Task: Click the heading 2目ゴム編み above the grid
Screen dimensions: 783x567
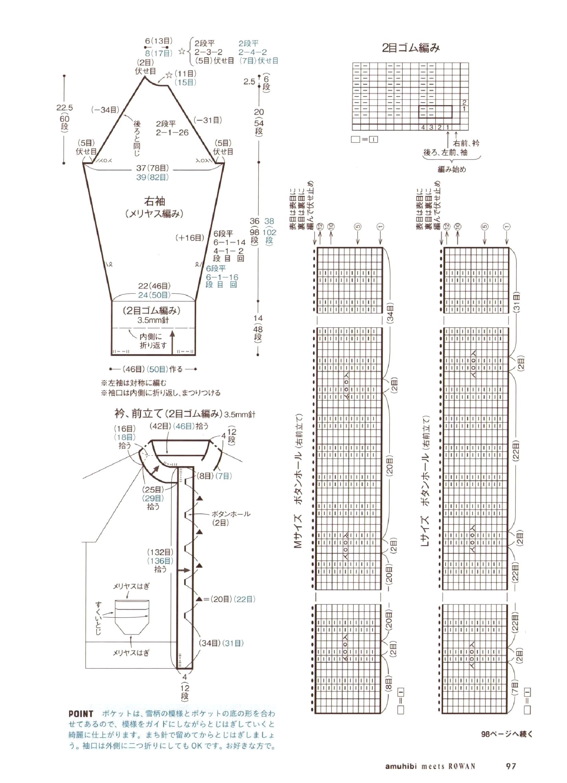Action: pos(411,48)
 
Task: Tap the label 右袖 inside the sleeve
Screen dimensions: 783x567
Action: pos(154,201)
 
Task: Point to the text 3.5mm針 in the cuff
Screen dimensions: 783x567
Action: pos(153,320)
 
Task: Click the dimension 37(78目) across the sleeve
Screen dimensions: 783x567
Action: pos(152,168)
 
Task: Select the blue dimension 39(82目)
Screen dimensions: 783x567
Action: pos(152,177)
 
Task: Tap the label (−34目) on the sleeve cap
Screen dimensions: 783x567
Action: pos(105,110)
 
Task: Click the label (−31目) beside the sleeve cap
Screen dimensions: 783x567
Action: pos(207,120)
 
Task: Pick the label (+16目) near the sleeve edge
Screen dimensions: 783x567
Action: pos(190,238)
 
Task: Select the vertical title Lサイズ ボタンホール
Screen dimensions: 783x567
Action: pos(425,482)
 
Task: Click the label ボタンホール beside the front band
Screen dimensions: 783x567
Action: pos(231,514)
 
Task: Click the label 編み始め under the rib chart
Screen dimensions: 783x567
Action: pos(452,169)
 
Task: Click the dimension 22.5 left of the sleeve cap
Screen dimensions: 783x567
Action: pos(64,108)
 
